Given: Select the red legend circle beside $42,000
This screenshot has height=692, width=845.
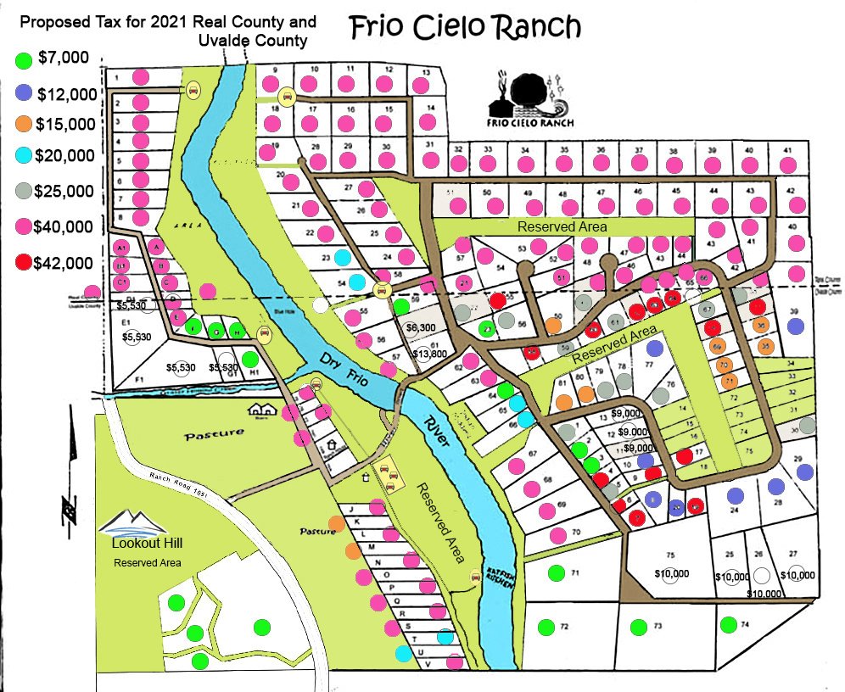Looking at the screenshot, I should pos(25,263).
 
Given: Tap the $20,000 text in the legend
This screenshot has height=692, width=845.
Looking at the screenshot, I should pos(64,155).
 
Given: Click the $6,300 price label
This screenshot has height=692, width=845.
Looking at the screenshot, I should pos(422,326).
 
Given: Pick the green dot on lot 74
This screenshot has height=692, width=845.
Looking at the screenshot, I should pos(727,625).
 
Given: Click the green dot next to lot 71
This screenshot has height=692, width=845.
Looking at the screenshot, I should pos(557,573).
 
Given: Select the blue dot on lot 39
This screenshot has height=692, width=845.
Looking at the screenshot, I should pos(795,326).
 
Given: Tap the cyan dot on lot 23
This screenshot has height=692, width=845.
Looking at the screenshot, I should pos(342,257).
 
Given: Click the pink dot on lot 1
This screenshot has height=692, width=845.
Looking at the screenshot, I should pos(142,77).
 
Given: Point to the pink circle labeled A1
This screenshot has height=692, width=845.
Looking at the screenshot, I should pos(122,247).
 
